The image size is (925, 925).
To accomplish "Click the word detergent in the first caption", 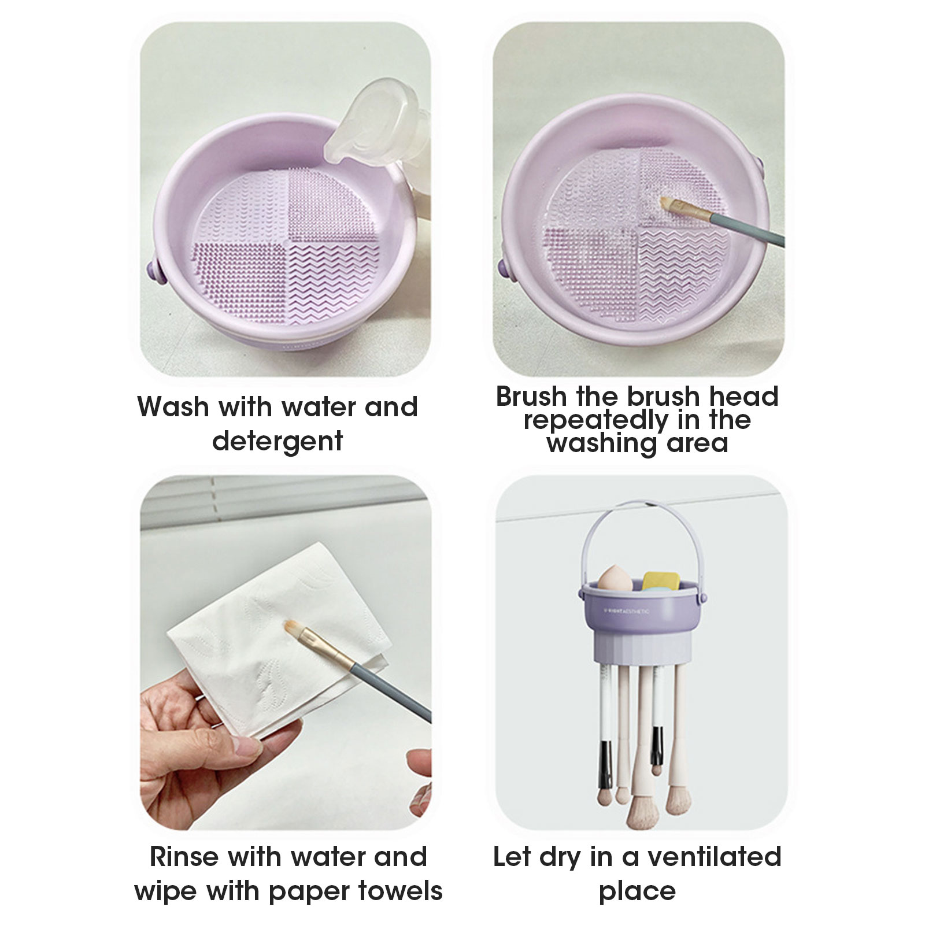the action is point(277,441).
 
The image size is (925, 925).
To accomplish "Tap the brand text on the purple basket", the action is point(627,610).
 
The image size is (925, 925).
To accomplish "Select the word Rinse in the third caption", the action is point(184,856).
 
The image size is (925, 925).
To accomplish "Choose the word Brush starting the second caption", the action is point(531,397).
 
